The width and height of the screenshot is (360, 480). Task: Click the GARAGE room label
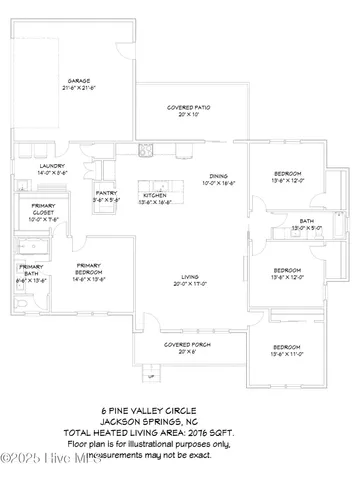pos(79,79)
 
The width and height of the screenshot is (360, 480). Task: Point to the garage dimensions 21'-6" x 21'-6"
pos(79,86)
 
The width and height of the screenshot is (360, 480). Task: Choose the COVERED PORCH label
pos(186,345)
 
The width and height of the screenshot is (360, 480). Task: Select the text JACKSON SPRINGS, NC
pos(179,420)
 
